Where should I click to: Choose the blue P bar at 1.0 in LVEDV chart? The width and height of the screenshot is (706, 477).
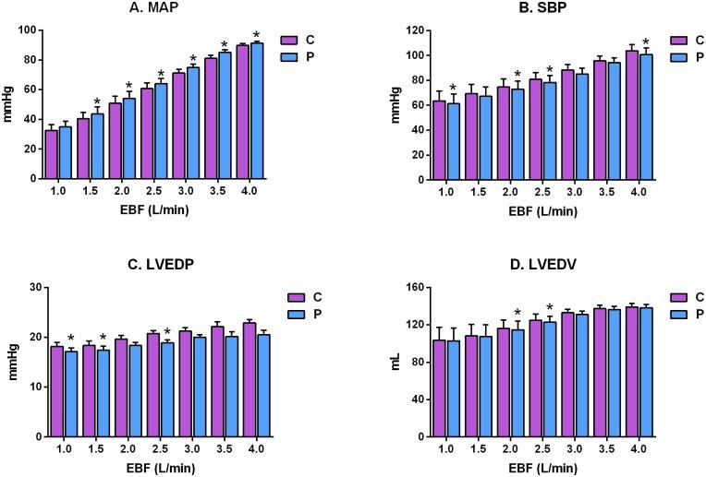[x=453, y=388]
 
